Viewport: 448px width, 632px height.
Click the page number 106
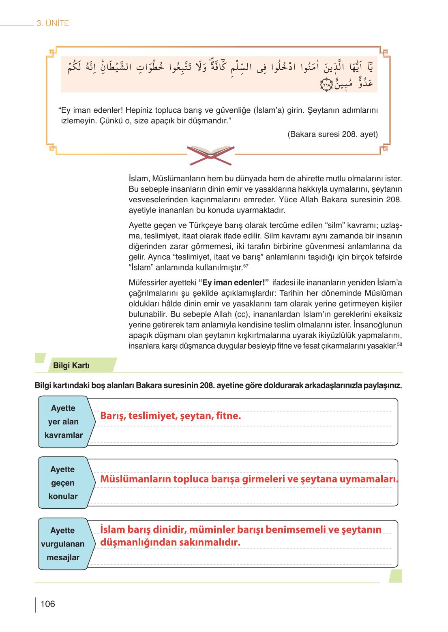click(x=47, y=604)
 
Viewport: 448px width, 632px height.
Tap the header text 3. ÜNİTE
click(x=53, y=23)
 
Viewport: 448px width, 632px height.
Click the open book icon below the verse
click(x=211, y=155)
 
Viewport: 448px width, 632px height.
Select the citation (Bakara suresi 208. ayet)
click(x=332, y=134)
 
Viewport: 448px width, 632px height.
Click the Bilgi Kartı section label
click(x=71, y=365)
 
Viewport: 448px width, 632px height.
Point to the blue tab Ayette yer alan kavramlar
click(x=64, y=422)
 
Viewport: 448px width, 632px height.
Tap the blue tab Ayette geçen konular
click(x=63, y=483)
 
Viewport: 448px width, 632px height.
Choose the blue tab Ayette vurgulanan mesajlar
click(x=63, y=544)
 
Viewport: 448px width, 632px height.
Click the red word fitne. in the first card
click(x=228, y=416)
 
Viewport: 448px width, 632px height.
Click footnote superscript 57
click(x=246, y=266)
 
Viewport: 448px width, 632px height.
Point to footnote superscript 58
click(x=399, y=344)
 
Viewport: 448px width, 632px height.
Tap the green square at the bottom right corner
click(x=395, y=576)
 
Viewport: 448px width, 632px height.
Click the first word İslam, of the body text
click(x=139, y=178)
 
